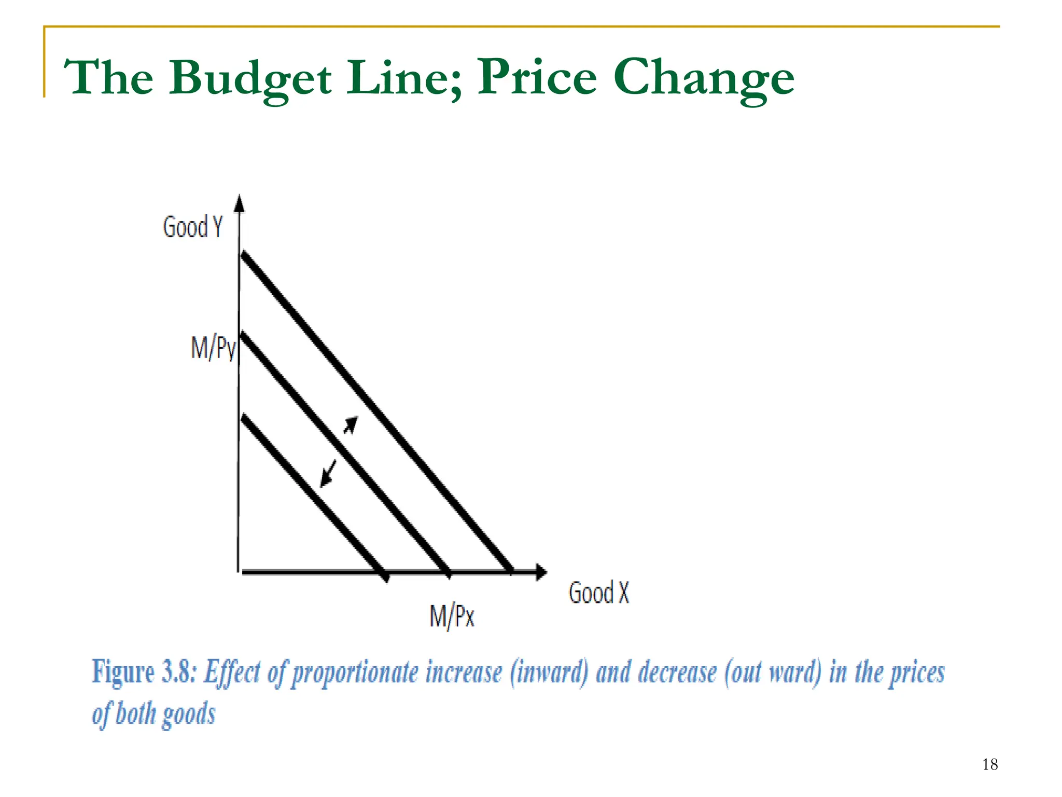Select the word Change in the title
(x=704, y=78)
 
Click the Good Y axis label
(x=192, y=227)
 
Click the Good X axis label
(x=598, y=593)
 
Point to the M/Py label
(x=213, y=347)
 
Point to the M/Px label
(x=452, y=616)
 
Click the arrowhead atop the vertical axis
(x=239, y=203)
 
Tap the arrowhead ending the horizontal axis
(x=541, y=572)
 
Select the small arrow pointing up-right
(x=351, y=425)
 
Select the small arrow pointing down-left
(x=328, y=473)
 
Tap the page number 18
(x=989, y=764)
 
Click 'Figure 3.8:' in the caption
(x=144, y=672)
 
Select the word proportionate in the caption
(x=355, y=673)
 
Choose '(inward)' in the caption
(x=549, y=672)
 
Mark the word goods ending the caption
(x=189, y=714)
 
